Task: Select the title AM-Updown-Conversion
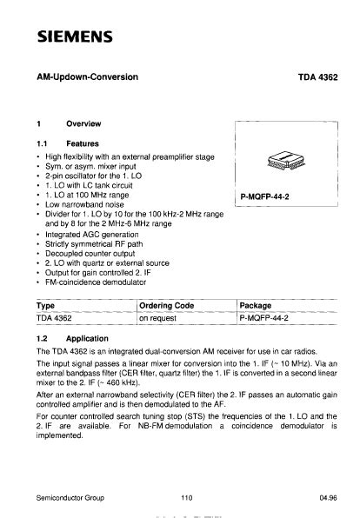[88, 77]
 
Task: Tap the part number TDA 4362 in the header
[318, 77]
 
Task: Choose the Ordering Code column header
[167, 305]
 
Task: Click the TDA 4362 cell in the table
[57, 319]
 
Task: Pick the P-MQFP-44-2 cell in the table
[266, 319]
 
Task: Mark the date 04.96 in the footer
[328, 498]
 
